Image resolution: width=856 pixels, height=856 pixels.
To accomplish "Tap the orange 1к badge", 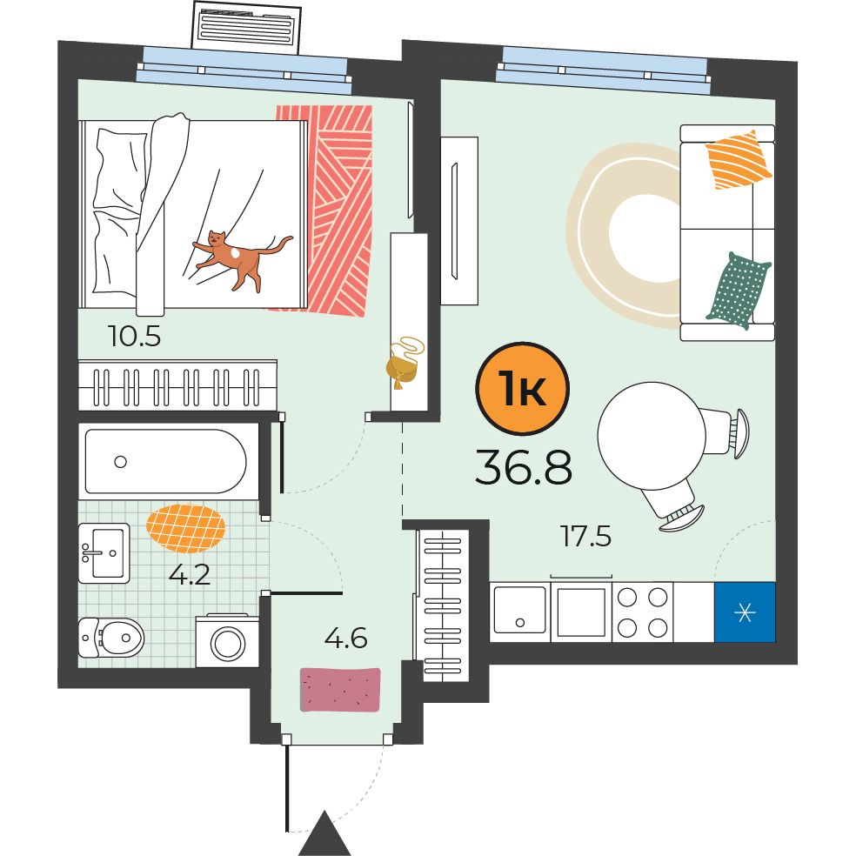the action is point(523,389).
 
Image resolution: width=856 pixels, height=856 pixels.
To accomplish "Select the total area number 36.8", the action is point(524,467).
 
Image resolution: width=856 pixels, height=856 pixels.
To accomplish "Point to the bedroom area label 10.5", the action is point(134,337).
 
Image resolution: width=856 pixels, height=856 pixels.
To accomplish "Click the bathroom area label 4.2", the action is point(190,575).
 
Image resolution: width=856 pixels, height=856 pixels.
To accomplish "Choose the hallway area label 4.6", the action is point(345,638).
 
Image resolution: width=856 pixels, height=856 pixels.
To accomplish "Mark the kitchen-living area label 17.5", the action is point(585,536).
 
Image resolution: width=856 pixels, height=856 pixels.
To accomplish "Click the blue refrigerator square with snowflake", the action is point(745,612).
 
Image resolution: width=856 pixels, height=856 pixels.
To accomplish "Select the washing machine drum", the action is point(228,643).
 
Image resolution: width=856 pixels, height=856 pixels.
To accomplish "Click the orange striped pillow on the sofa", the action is point(739,160).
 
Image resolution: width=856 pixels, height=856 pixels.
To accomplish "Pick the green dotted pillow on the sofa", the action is point(738,290).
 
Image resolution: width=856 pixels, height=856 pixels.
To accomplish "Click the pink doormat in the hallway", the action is point(340,690).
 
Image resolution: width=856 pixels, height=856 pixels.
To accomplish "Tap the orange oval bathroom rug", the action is point(185,528).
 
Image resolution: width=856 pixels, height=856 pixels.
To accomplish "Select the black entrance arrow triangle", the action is point(324,833).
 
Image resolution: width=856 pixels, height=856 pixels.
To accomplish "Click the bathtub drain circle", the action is point(121,462).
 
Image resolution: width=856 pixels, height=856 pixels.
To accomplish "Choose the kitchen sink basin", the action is point(519,611).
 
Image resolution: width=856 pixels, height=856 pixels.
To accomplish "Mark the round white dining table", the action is point(652,436).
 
